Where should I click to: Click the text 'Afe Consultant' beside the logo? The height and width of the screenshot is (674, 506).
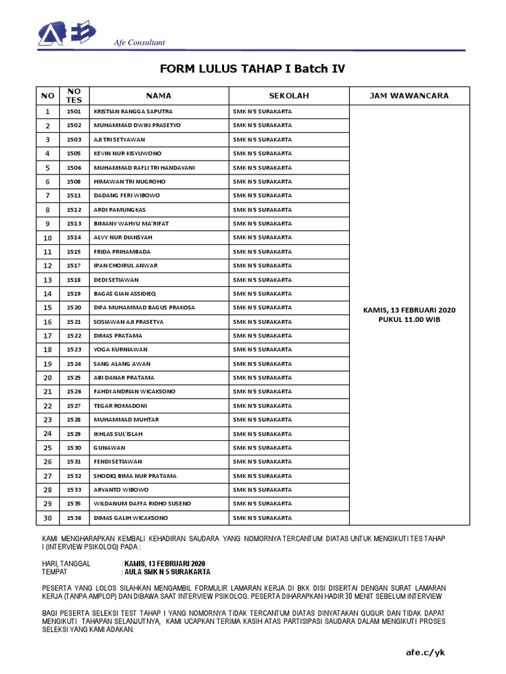click(140, 43)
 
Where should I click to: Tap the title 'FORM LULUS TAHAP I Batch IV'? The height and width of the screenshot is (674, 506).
click(252, 69)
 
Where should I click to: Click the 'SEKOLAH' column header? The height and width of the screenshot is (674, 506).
click(289, 96)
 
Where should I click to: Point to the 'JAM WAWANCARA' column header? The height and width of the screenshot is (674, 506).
click(409, 96)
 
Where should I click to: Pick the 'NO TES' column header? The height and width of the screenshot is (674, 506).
click(74, 96)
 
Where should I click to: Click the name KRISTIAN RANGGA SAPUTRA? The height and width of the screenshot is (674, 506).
click(133, 111)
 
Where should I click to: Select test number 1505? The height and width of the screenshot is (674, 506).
click(74, 153)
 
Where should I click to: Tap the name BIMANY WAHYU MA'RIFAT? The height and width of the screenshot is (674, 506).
click(131, 224)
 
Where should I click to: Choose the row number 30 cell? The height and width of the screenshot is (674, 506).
click(47, 518)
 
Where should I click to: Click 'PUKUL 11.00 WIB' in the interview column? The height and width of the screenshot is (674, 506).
click(409, 319)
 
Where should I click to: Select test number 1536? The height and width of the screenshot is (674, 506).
click(74, 518)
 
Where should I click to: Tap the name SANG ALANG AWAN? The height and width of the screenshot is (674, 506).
click(122, 364)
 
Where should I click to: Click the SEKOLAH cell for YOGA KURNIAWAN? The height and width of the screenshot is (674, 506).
click(262, 350)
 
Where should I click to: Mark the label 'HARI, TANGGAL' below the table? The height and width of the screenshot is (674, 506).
click(67, 564)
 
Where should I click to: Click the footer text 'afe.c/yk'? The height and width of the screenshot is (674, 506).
click(426, 652)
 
